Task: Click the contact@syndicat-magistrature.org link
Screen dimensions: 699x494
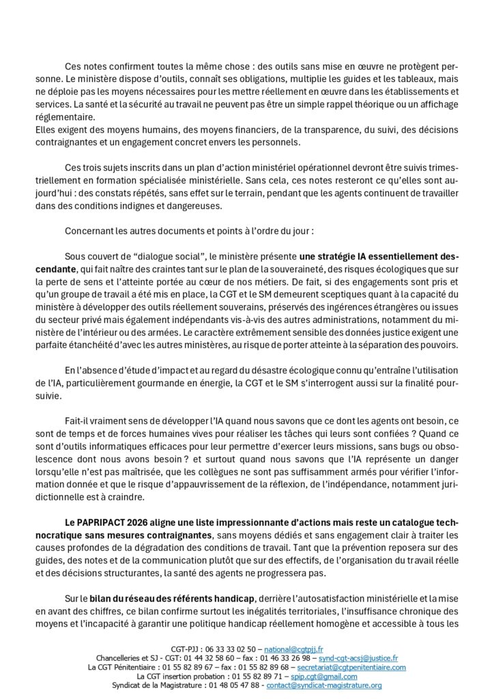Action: click(324, 685)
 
